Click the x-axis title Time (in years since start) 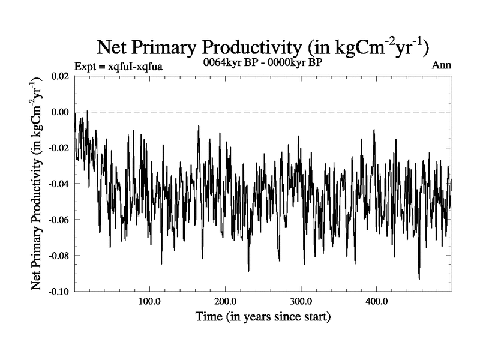pyautogui.click(x=263, y=316)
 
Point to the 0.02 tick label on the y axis pyautogui.click(x=59, y=76)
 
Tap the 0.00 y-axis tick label pyautogui.click(x=59, y=112)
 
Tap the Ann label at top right pyautogui.click(x=441, y=65)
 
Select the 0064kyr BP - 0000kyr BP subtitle pyautogui.click(x=263, y=63)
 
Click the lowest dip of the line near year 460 pyautogui.click(x=419, y=278)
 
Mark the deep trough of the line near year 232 pyautogui.click(x=248, y=271)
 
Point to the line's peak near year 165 pyautogui.click(x=198, y=127)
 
